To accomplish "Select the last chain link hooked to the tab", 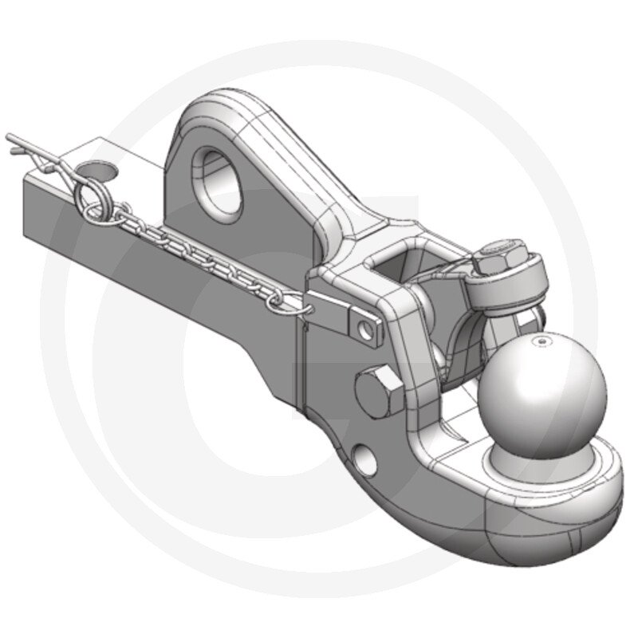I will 295,299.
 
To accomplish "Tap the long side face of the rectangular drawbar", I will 159,263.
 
